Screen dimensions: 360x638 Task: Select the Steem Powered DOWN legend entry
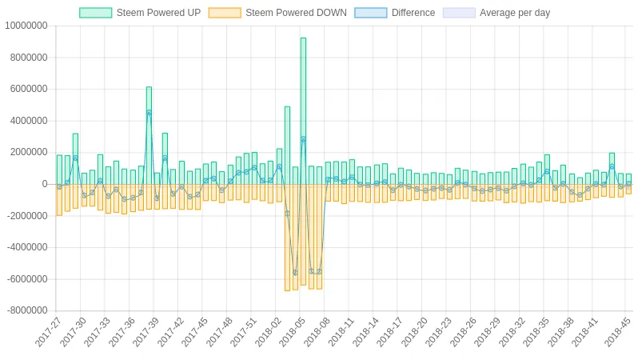277,13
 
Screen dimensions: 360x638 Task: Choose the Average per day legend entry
496,13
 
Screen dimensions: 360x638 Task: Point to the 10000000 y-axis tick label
26,26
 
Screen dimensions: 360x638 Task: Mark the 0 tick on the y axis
45,184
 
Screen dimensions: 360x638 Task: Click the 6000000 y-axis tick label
27,90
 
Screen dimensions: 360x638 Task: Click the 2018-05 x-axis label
293,333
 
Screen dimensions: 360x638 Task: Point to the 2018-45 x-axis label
618,333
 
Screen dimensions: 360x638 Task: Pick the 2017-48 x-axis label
220,333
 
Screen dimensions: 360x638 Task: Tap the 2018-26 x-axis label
463,333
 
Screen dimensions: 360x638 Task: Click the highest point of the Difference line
149,113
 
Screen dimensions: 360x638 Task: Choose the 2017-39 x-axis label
146,333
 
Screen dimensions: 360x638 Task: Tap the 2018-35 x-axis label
536,333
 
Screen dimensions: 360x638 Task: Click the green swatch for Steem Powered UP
95,13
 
